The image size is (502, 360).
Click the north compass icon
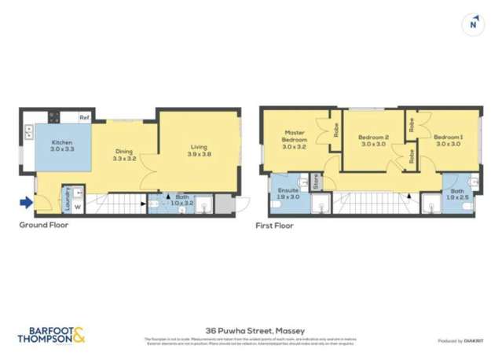pyautogui.click(x=473, y=24)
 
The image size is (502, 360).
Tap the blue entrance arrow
pyautogui.click(x=27, y=204)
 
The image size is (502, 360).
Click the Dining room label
pyautogui.click(x=124, y=155)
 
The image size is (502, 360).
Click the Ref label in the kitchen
pyautogui.click(x=82, y=118)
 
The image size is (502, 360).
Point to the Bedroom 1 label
pyautogui.click(x=448, y=140)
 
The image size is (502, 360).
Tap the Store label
pyautogui.click(x=317, y=182)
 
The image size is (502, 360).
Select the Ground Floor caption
pyautogui.click(x=44, y=225)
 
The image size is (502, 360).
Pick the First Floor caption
pyautogui.click(x=274, y=226)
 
